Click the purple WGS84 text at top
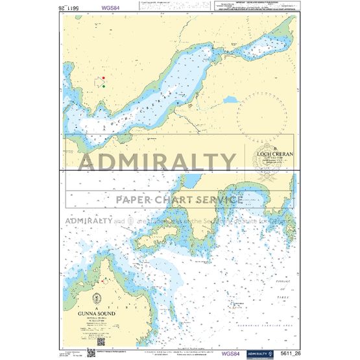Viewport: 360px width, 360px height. [x=91, y=9]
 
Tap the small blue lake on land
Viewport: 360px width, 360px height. [x=230, y=101]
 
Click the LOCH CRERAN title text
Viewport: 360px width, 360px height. [x=275, y=154]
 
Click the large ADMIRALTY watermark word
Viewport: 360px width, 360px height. [x=158, y=162]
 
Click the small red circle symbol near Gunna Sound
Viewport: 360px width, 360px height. [x=104, y=282]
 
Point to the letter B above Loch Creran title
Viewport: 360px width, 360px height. [x=275, y=148]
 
